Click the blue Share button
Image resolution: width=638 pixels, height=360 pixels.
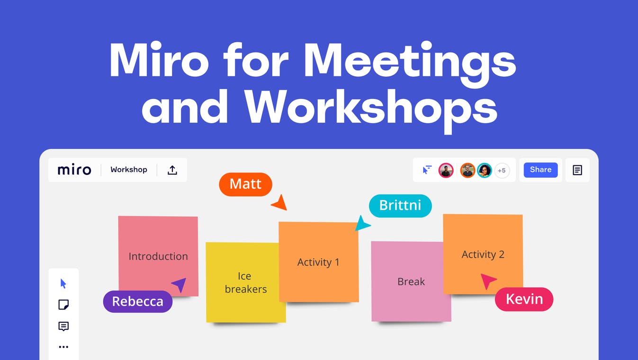tap(540, 170)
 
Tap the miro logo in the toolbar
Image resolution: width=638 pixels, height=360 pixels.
tap(74, 170)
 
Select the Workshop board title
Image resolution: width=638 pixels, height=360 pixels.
tap(129, 170)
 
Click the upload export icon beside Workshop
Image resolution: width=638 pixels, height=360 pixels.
tap(172, 170)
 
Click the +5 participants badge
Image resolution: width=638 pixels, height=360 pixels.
tap(502, 171)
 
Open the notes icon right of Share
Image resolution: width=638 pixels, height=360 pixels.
tap(577, 170)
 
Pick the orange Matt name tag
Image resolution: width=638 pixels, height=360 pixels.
tap(245, 184)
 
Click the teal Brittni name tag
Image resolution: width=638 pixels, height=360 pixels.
tap(400, 206)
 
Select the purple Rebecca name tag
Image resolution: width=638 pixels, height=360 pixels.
tap(137, 301)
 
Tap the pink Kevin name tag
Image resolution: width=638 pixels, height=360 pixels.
tap(524, 299)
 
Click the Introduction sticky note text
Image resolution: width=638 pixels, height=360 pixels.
tap(158, 256)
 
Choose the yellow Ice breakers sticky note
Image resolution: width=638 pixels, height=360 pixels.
tap(245, 282)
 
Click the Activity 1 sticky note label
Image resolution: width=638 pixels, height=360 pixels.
tap(318, 262)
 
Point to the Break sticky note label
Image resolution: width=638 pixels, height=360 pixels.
tap(411, 281)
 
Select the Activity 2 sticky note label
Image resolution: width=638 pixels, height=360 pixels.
tap(483, 254)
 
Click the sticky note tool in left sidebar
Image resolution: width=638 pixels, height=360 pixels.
tap(63, 305)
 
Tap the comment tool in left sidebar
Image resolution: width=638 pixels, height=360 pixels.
tap(63, 326)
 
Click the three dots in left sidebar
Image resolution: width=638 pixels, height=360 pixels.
tap(63, 347)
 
